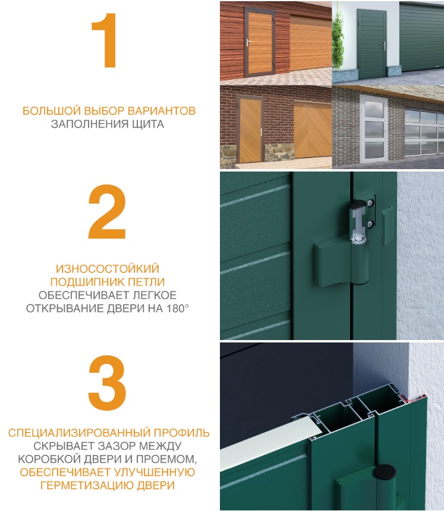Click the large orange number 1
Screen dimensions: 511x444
105,43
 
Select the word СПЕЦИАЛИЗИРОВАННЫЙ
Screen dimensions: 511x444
73,433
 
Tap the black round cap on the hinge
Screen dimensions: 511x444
385,474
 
